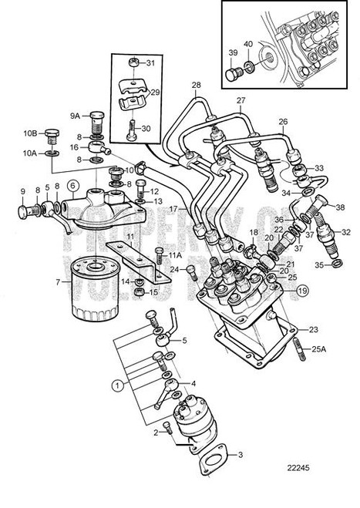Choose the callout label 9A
(76, 116)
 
